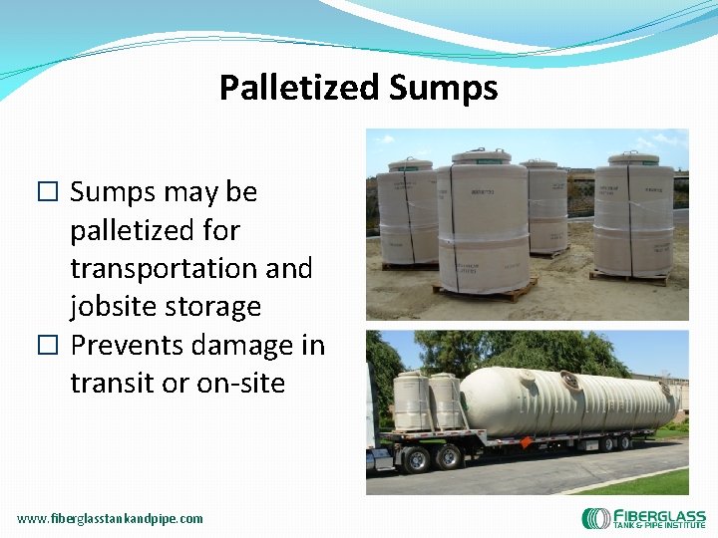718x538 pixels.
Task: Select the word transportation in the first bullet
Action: (x=190, y=268)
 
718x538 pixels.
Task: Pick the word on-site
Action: (x=228, y=384)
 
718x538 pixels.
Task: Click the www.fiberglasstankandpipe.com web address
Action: (x=110, y=518)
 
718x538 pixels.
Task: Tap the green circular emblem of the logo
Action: (x=596, y=519)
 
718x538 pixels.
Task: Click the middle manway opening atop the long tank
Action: (x=573, y=379)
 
